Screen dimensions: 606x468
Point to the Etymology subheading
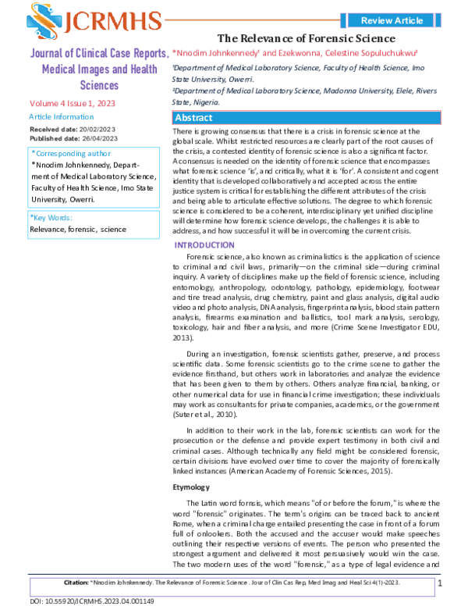pos(191,486)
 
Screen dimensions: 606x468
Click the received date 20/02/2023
pos(94,127)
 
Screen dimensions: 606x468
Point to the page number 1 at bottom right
pos(440,583)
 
